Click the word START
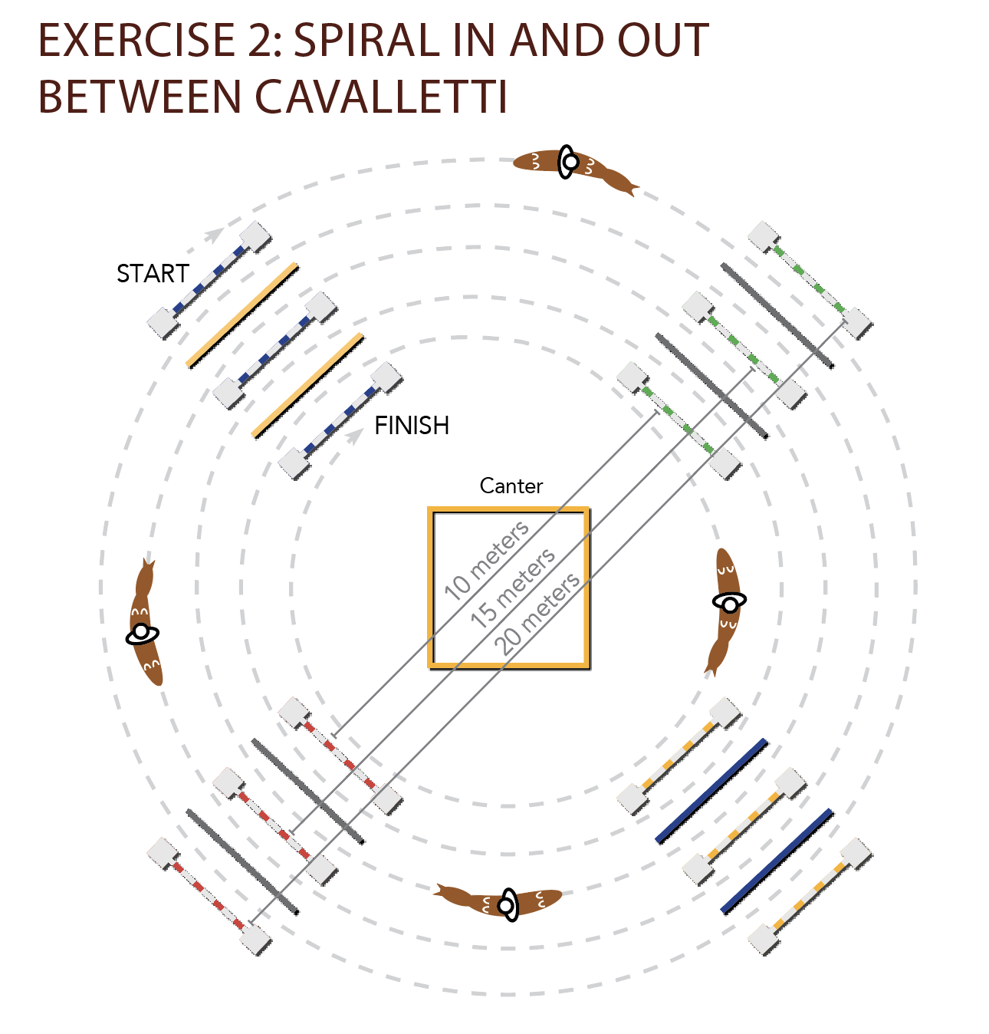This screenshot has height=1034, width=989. (x=153, y=274)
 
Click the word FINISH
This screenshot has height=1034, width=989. (x=412, y=426)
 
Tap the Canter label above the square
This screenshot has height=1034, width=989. (x=511, y=486)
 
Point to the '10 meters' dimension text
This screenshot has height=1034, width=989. (x=487, y=560)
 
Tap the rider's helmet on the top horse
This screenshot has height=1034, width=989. (x=569, y=162)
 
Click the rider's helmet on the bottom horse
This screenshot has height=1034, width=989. (x=507, y=906)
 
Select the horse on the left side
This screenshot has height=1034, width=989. (x=143, y=625)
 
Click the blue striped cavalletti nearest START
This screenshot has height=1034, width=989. (x=209, y=280)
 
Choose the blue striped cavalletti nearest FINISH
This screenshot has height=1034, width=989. (x=340, y=421)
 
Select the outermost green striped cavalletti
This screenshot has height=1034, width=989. (x=810, y=280)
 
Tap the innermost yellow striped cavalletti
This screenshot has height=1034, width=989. (x=679, y=756)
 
